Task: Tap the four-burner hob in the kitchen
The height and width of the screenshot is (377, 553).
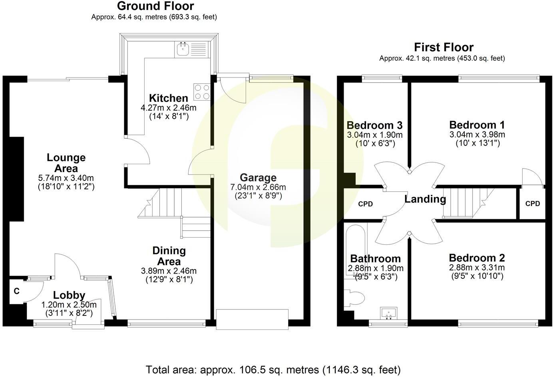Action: [202, 91]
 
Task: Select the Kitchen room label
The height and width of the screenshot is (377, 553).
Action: [168, 98]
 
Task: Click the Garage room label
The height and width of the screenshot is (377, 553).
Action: [258, 178]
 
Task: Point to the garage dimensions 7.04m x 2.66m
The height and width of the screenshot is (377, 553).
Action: [258, 187]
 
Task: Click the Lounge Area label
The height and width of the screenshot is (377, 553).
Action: [66, 163]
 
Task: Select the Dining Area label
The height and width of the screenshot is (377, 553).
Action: [169, 256]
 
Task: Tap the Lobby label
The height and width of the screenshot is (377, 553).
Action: [69, 296]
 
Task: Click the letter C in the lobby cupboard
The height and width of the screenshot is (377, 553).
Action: [16, 292]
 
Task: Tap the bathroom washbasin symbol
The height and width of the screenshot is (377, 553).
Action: [388, 313]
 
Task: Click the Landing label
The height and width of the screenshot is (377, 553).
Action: [425, 199]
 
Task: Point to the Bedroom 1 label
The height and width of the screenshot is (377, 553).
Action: [477, 125]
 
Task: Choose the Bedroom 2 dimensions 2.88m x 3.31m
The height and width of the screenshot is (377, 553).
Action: [477, 268]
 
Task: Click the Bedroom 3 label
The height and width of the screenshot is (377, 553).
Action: [374, 125]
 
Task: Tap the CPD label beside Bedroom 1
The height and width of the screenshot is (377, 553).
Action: [532, 204]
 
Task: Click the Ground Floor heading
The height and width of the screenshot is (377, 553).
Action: [155, 6]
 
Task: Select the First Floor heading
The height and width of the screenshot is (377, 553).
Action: [444, 47]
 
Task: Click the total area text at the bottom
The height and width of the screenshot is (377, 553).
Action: [273, 369]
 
